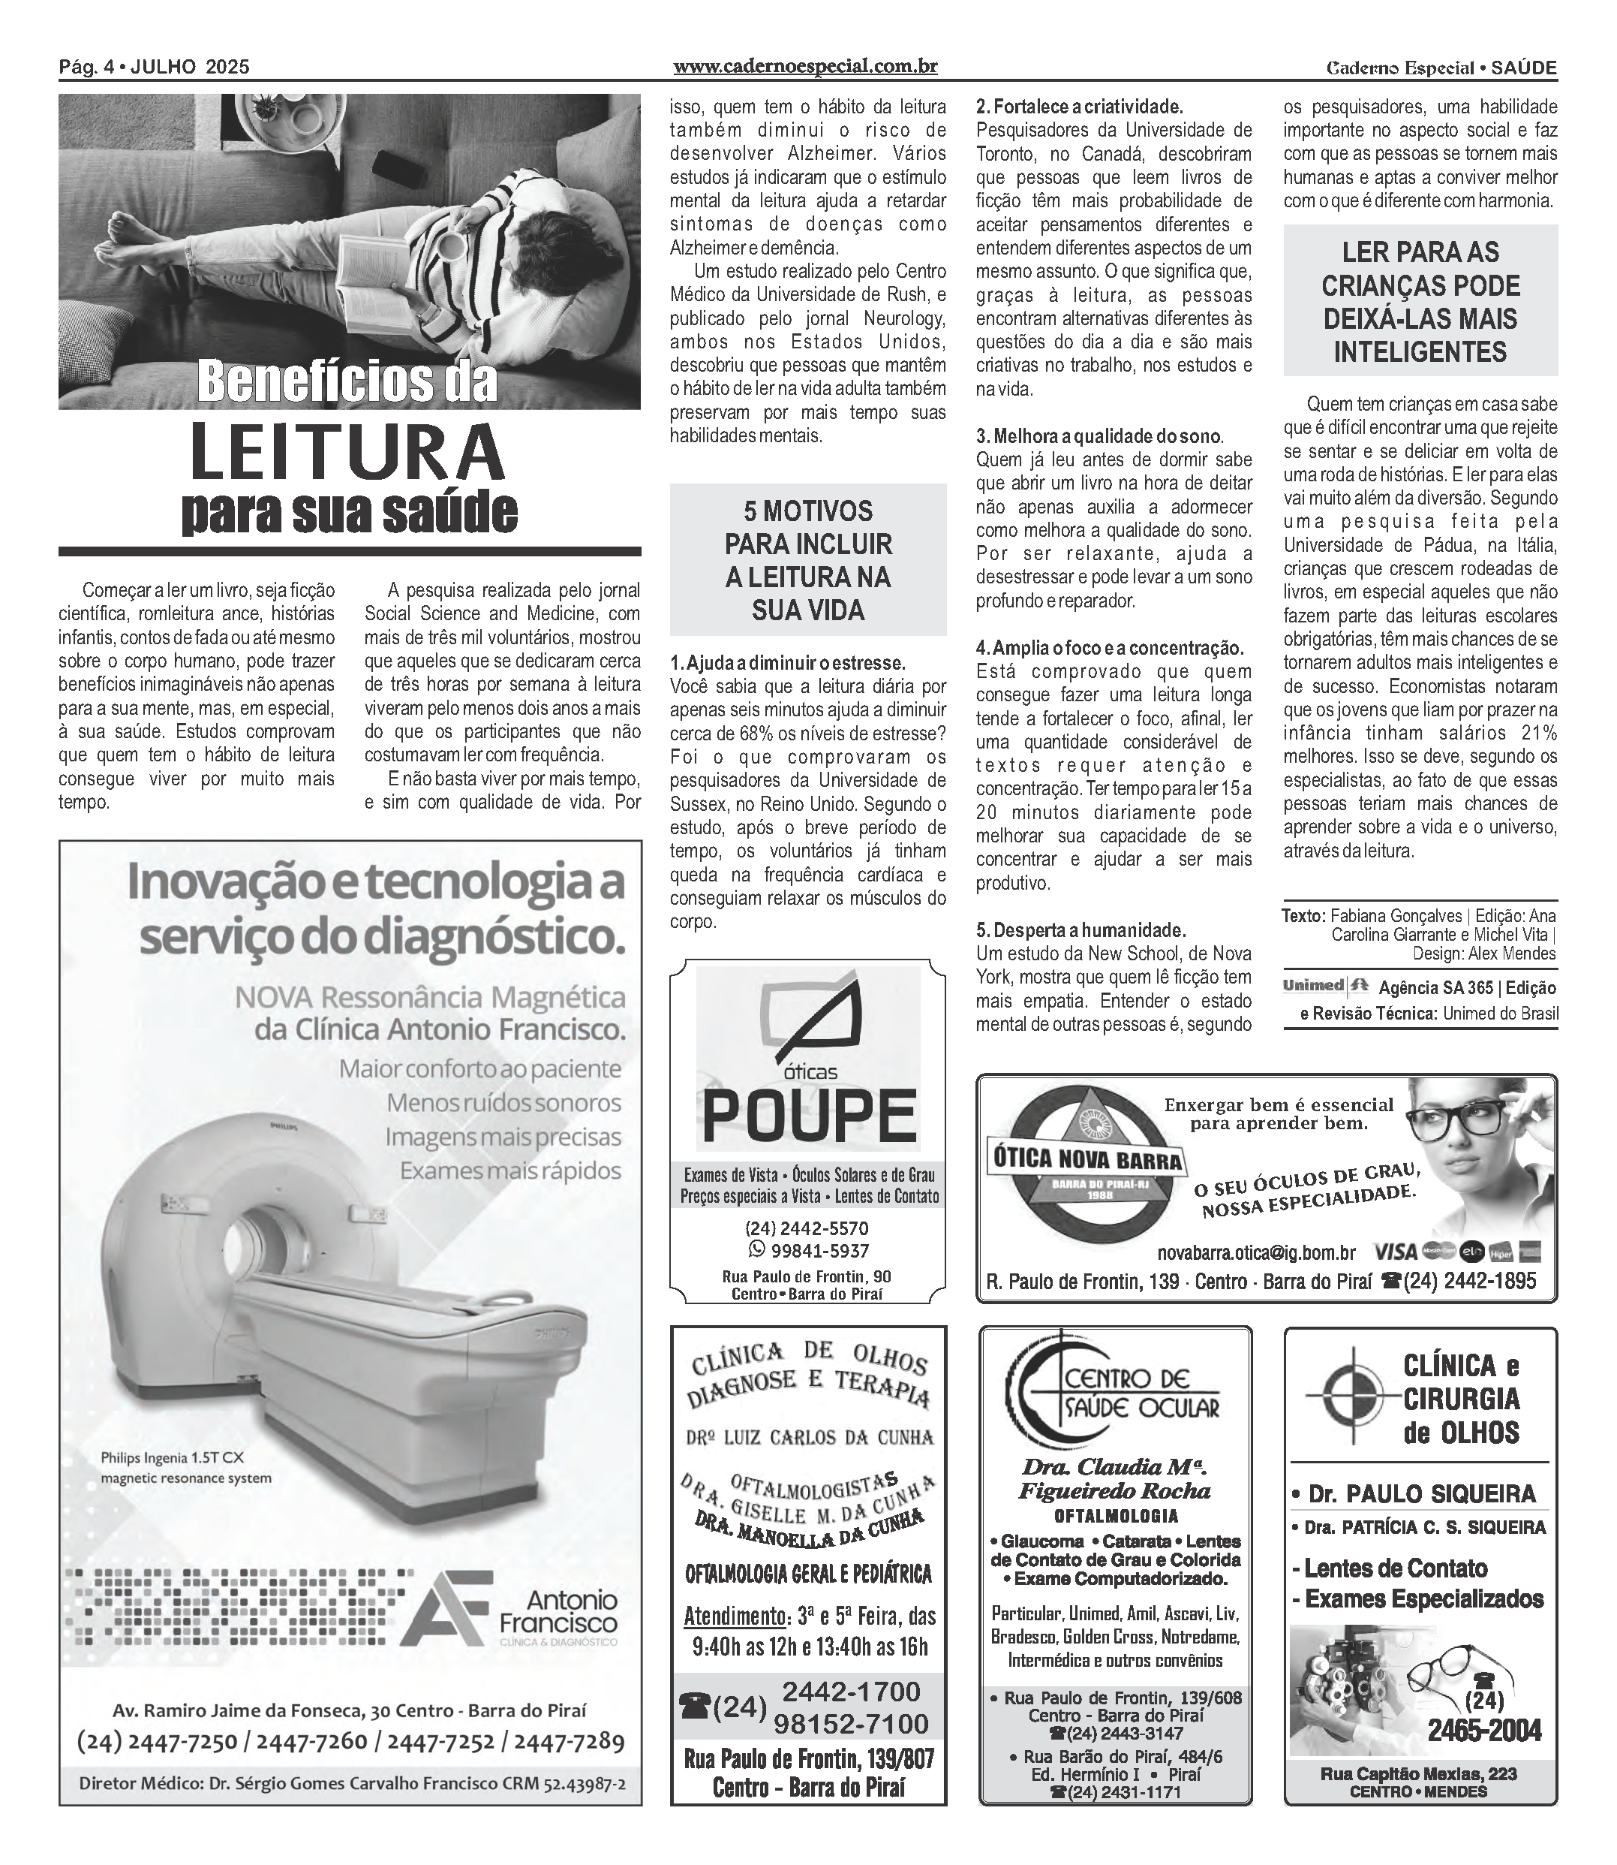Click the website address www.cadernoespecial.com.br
[805, 67]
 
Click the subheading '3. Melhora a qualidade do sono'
[1099, 437]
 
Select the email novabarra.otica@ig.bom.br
[1256, 1253]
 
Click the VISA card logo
[1395, 1252]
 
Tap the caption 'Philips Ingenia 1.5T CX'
[173, 1457]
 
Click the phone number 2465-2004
[1483, 1731]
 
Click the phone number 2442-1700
[851, 1691]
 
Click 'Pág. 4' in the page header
[85, 67]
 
